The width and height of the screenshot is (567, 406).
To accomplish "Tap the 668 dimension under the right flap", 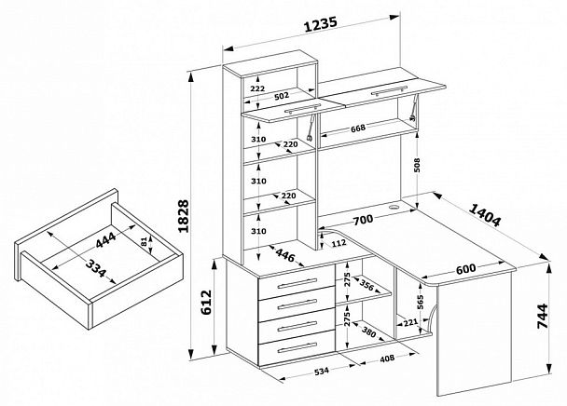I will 364,129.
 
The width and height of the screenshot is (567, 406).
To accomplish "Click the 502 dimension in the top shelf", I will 282,96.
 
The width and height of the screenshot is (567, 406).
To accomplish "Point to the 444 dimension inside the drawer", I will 108,243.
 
